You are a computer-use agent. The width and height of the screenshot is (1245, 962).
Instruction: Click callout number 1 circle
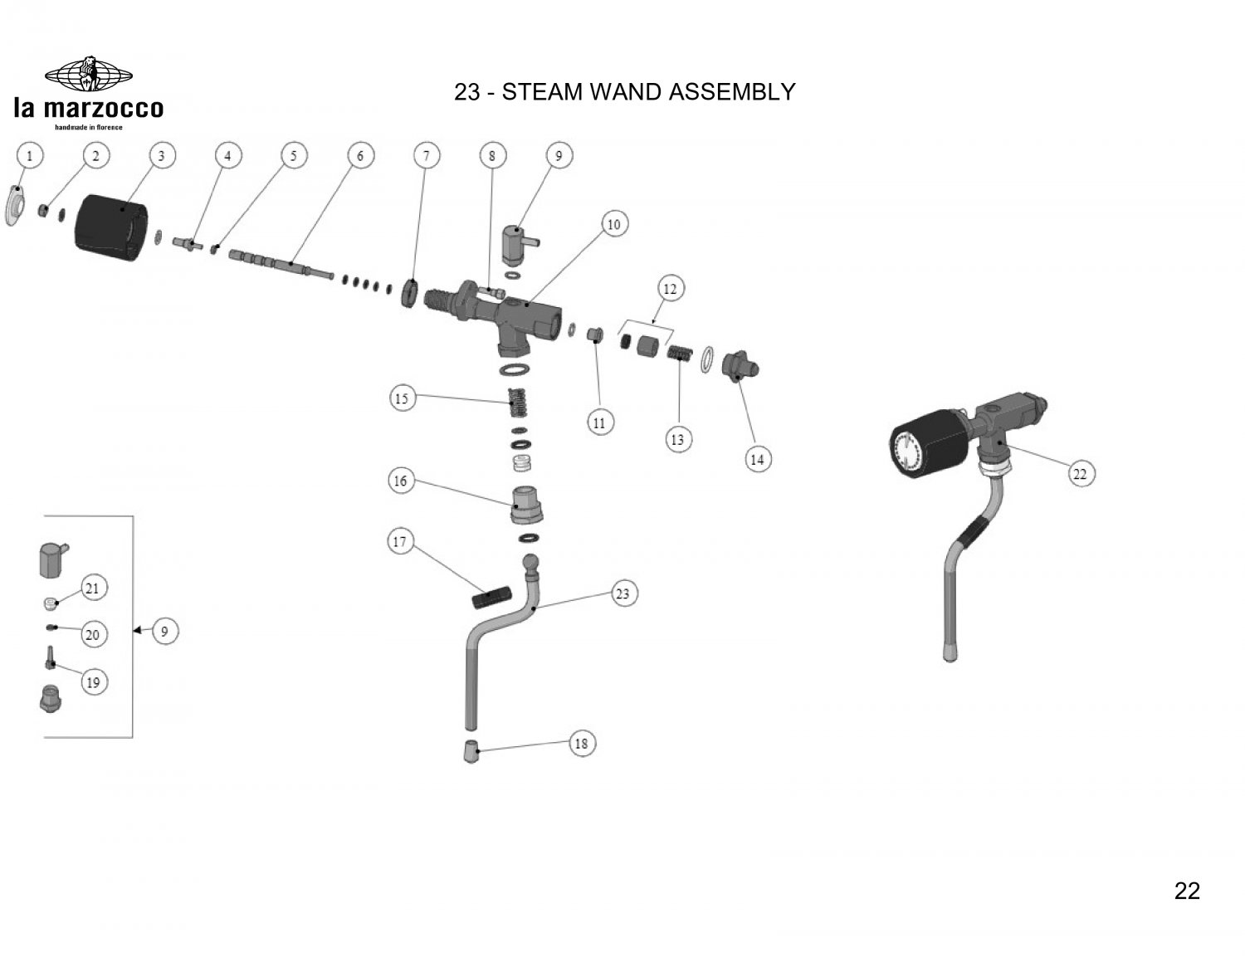point(30,155)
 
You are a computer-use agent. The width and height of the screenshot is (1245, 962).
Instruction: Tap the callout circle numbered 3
point(162,155)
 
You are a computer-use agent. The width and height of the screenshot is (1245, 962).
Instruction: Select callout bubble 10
point(613,224)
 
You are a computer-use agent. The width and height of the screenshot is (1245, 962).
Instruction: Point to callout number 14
point(757,459)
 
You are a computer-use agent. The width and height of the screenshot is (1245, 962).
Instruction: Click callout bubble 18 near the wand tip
point(581,743)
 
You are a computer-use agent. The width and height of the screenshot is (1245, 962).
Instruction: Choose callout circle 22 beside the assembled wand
point(1080,474)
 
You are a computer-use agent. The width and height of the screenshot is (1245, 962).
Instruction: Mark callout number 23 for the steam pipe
point(622,593)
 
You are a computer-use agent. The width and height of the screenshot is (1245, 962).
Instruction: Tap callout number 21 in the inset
point(92,588)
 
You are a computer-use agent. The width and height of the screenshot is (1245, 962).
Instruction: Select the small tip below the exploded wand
point(471,752)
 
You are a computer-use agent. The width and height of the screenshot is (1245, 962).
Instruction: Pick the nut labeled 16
point(526,505)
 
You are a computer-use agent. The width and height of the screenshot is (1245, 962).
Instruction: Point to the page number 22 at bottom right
point(1187,891)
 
